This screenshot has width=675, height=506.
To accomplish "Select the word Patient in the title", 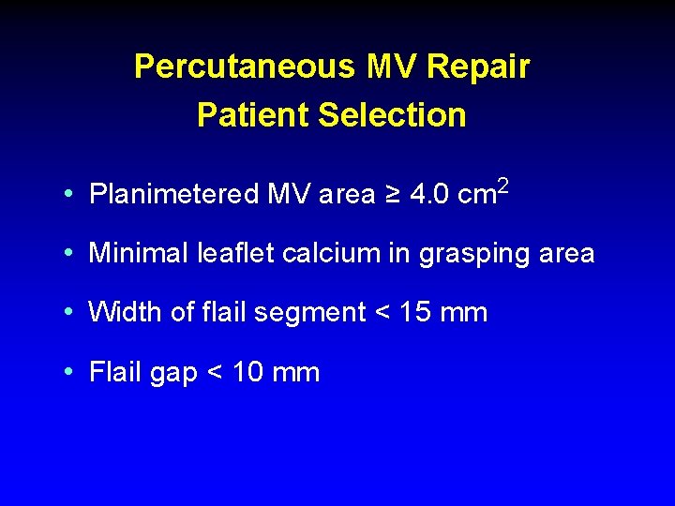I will [253, 115].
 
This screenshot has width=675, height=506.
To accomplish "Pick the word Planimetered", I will [173, 195].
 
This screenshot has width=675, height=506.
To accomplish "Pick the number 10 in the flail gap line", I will [247, 372].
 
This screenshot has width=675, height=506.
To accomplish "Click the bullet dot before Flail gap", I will [70, 372].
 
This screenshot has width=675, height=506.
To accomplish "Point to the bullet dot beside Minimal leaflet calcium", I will [70, 254].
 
